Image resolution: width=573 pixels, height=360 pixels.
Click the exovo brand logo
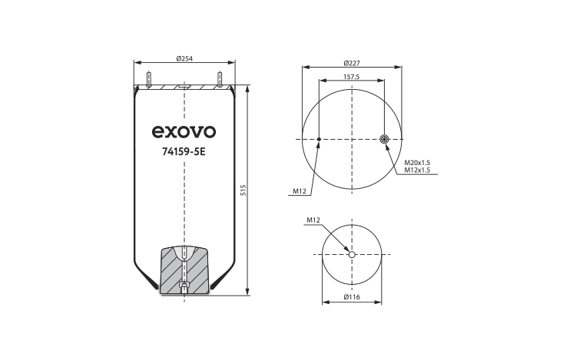tap(184, 132)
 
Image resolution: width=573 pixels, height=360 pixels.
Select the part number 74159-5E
tap(184, 151)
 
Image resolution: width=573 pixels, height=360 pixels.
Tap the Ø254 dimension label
tap(184, 58)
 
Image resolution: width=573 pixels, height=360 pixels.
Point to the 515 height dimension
tap(243, 190)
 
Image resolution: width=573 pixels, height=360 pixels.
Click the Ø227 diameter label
tap(352, 63)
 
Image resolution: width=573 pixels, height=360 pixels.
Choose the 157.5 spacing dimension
tap(352, 77)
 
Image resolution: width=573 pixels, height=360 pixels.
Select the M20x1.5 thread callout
tap(417, 163)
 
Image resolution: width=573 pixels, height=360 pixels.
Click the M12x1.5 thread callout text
tap(417, 170)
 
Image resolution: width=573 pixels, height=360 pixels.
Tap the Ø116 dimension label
tap(352, 297)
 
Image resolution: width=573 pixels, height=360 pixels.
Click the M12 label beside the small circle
tap(313, 220)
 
